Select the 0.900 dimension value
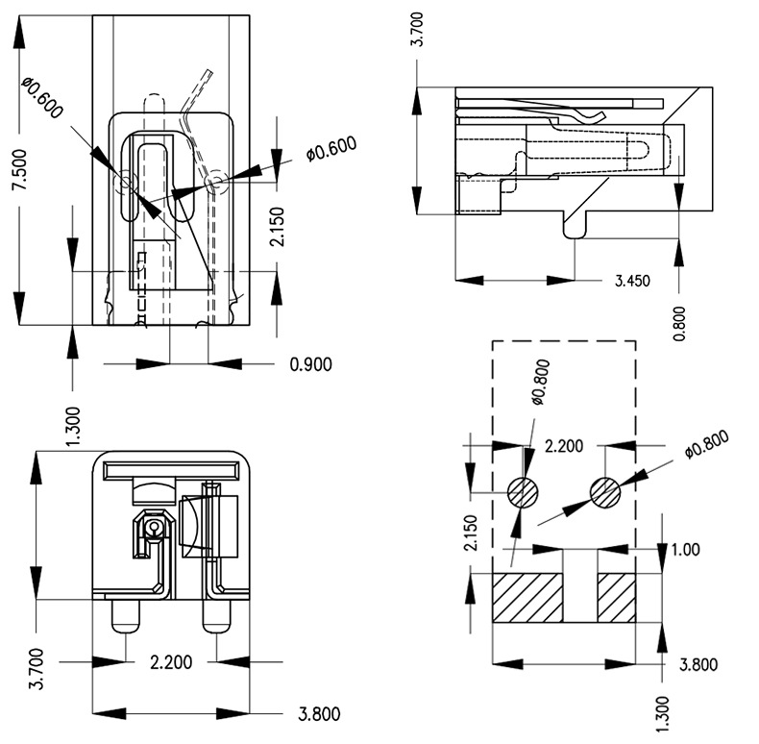pyautogui.click(x=309, y=363)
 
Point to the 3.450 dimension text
pyautogui.click(x=633, y=281)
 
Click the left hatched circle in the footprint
pyautogui.click(x=524, y=492)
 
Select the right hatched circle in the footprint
pyautogui.click(x=606, y=492)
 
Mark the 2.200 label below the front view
pyautogui.click(x=171, y=661)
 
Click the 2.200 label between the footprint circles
pyautogui.click(x=565, y=446)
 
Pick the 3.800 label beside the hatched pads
pyautogui.click(x=698, y=663)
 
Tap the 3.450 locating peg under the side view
pyautogui.click(x=575, y=225)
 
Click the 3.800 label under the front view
pyautogui.click(x=318, y=713)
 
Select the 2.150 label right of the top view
pyautogui.click(x=278, y=226)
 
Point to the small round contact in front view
pyautogui.click(x=152, y=527)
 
